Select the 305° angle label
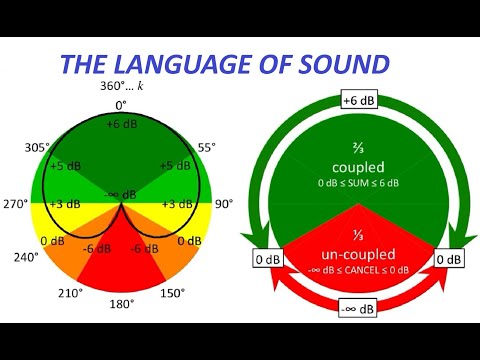[37, 147]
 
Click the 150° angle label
[172, 293]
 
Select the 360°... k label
[121, 87]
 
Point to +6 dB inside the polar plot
[120, 123]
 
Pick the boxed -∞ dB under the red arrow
[358, 309]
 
